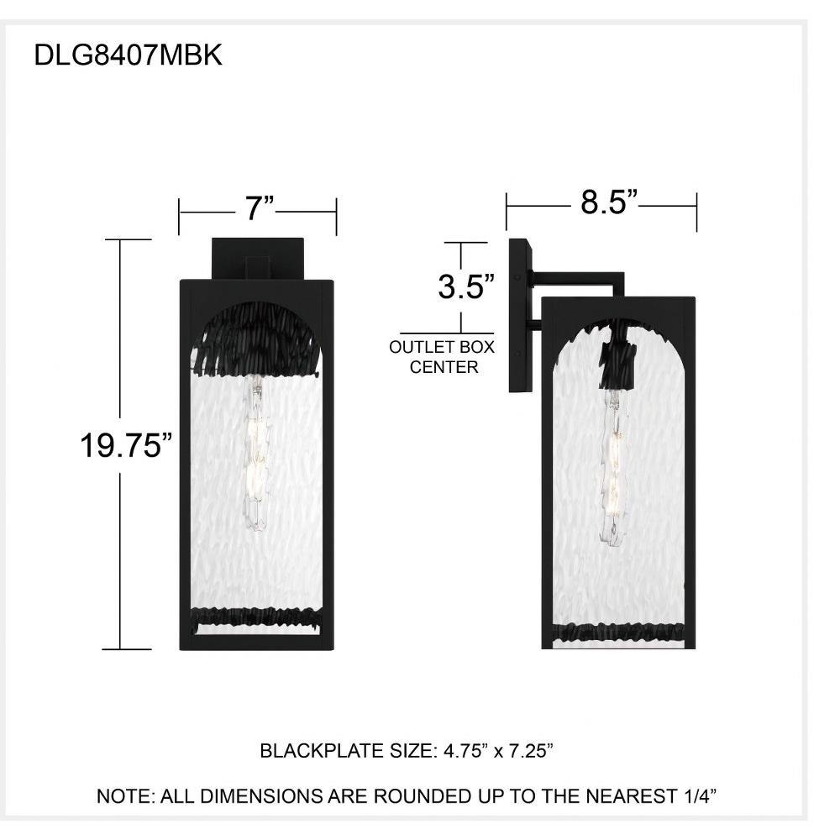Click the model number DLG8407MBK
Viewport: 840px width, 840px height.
[x=128, y=55]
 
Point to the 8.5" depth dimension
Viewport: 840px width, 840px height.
[x=610, y=202]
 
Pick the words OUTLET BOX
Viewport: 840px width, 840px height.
[x=442, y=347]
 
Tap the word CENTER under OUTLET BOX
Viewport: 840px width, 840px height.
[x=444, y=368]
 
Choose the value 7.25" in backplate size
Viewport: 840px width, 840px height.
[x=530, y=751]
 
